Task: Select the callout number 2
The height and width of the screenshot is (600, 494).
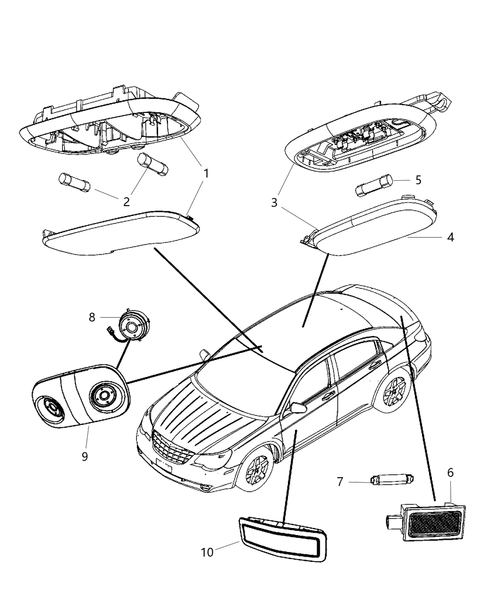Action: pos(126,202)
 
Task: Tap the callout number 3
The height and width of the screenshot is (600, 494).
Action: pos(274,203)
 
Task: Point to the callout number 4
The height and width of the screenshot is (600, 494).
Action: pos(450,237)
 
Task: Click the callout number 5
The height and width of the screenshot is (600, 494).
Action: pos(418,180)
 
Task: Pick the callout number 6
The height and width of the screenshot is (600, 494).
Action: pos(450,473)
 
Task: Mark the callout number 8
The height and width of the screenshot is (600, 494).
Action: pos(92,317)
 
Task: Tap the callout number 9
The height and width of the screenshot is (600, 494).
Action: pos(85,456)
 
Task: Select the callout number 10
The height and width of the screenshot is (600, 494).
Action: pos(207,552)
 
